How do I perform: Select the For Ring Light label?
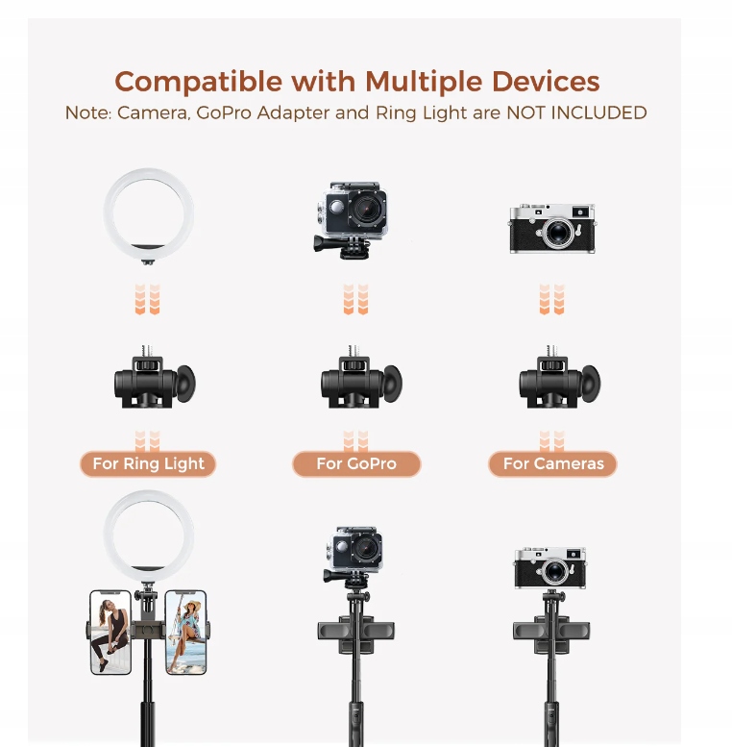tap(148, 464)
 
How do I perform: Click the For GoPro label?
tap(356, 464)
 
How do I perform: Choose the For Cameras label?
tap(553, 464)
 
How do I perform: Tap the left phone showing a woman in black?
tap(110, 631)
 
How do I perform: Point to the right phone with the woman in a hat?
tap(185, 631)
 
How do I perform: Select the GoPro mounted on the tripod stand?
tap(353, 552)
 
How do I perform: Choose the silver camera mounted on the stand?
tap(549, 568)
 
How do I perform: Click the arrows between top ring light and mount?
tap(148, 299)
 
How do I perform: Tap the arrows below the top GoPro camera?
tap(355, 299)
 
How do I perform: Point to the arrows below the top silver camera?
tap(551, 299)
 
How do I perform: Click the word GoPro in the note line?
tap(226, 112)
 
